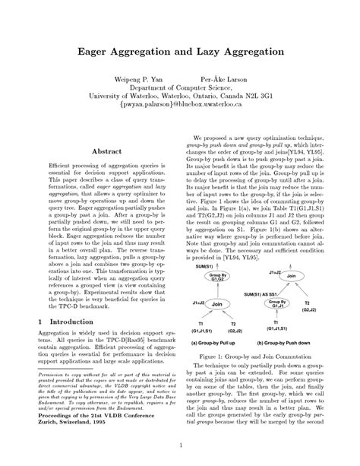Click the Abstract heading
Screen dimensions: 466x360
(x=106, y=152)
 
